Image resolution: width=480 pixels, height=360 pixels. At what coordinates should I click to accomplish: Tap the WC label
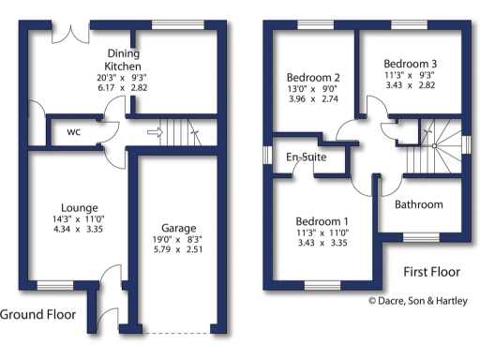[74, 132]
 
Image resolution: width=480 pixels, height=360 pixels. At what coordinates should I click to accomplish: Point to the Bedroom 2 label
[311, 77]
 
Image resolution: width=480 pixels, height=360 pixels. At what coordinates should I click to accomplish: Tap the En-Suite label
[307, 157]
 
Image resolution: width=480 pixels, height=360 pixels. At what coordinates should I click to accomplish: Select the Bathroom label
[419, 203]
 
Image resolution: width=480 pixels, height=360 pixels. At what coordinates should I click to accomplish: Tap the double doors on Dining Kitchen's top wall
[66, 31]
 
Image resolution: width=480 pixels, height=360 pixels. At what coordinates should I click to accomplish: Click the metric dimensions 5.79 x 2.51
[177, 251]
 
